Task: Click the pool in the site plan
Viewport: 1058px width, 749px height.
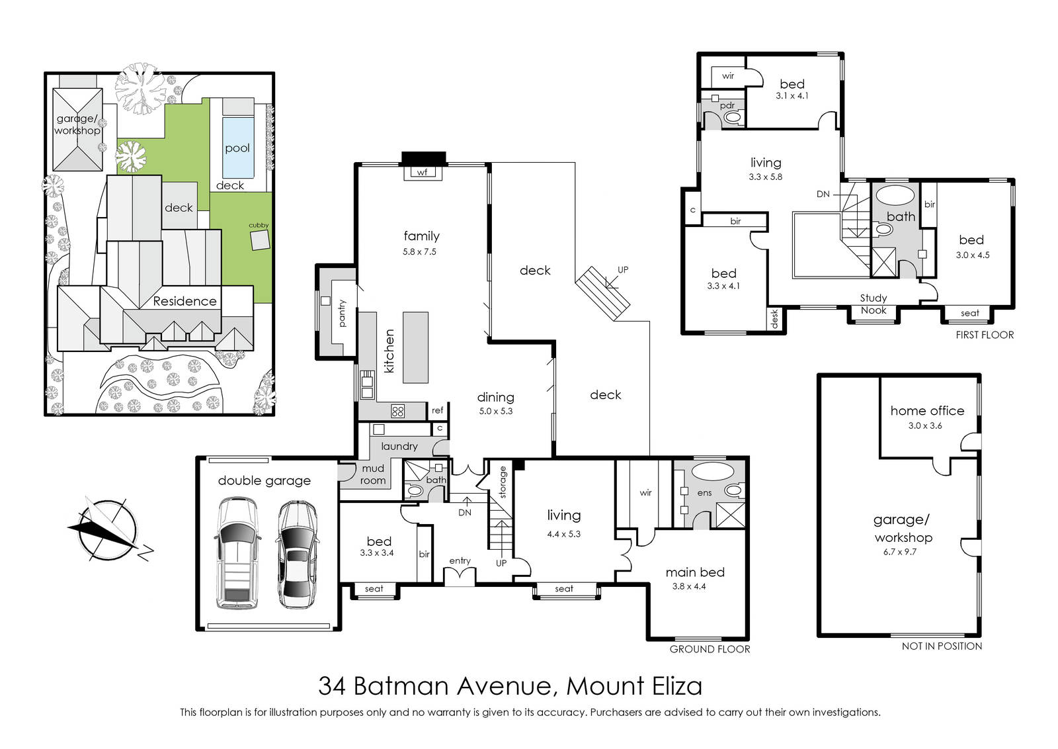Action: [237, 148]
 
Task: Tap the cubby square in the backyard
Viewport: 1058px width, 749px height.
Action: [260, 241]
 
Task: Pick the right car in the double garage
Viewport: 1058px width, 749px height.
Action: [297, 554]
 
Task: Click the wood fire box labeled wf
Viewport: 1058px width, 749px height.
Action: [423, 173]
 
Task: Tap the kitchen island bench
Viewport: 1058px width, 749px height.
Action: [416, 347]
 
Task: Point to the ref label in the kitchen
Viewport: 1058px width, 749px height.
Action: [437, 410]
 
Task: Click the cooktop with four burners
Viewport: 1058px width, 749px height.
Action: [397, 411]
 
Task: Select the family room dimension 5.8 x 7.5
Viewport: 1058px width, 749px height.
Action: [419, 252]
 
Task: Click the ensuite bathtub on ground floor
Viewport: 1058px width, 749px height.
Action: [713, 472]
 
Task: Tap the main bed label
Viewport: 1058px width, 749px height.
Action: [695, 572]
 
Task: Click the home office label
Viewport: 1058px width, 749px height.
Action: [927, 411]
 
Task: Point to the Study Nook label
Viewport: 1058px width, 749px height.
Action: [874, 304]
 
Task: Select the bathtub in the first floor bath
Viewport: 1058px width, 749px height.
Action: [895, 195]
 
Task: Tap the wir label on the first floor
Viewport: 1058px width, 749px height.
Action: [728, 75]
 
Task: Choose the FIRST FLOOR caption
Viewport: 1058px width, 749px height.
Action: [985, 335]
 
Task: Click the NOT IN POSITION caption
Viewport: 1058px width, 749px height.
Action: [942, 646]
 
